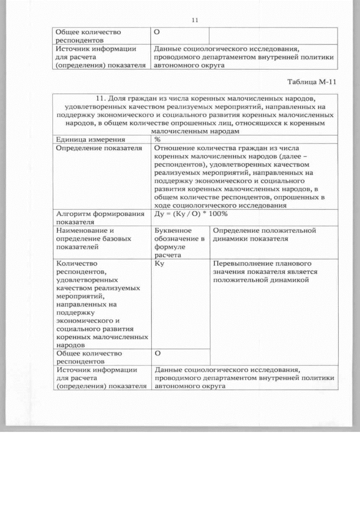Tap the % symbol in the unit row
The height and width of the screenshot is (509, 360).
(158, 139)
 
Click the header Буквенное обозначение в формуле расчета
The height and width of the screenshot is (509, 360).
(179, 242)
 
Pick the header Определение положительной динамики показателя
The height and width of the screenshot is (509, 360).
(264, 235)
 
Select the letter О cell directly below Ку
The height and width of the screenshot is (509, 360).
(158, 353)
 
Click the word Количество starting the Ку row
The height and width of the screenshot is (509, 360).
(76, 263)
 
